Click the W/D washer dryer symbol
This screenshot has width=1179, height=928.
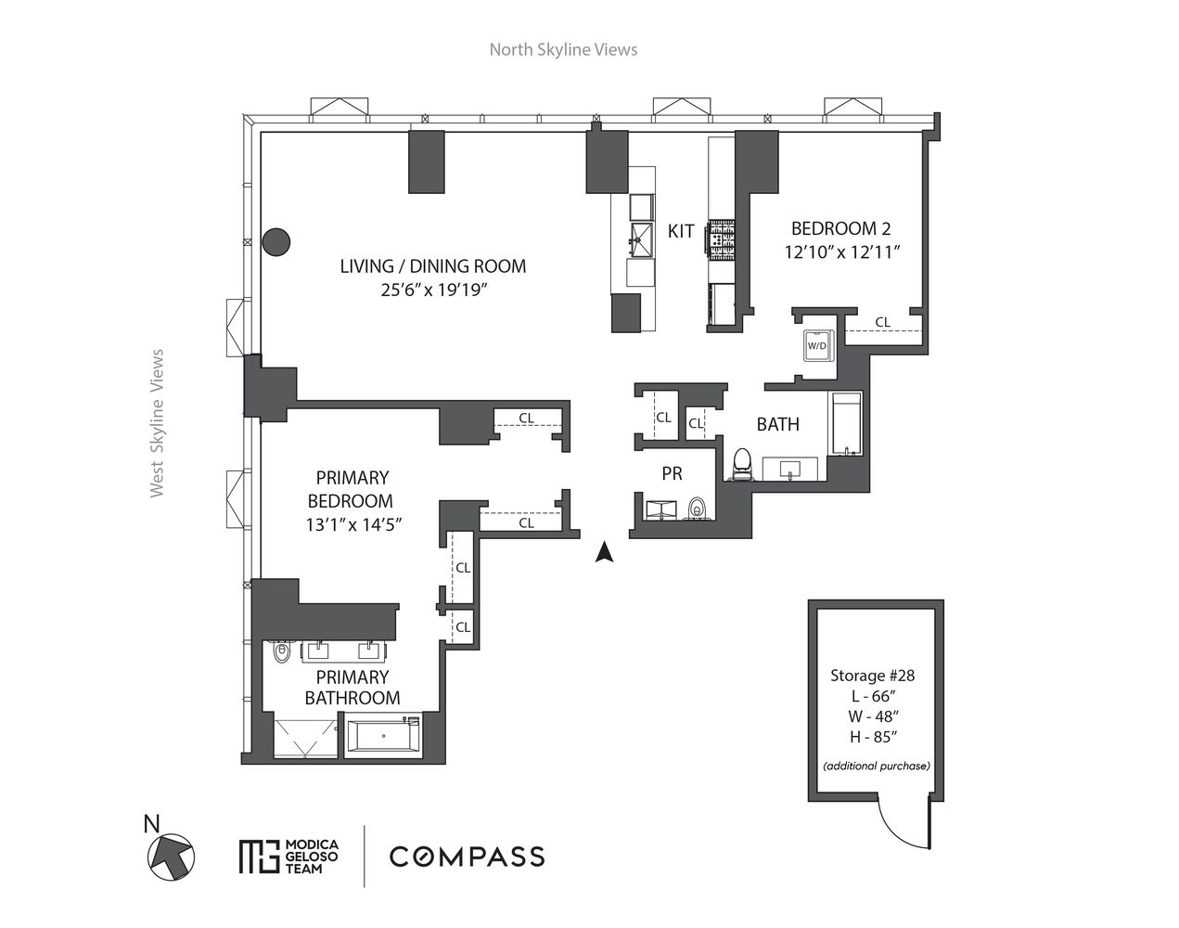point(817,345)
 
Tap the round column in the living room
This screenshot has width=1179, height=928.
point(276,242)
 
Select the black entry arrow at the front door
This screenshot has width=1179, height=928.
point(604,552)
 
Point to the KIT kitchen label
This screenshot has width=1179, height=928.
point(681,231)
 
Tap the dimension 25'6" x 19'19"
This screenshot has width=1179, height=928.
point(432,290)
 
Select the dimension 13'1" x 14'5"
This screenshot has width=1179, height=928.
point(359,524)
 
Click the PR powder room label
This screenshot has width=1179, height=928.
point(673,473)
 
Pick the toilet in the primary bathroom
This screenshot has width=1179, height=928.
point(282,653)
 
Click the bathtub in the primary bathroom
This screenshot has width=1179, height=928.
point(383,740)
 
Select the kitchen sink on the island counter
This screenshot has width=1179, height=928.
point(640,238)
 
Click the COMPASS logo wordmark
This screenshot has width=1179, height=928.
point(467,856)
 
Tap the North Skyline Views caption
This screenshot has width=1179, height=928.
point(563,49)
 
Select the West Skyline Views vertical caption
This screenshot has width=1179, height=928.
point(157,423)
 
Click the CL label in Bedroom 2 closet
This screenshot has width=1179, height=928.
point(882,322)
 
